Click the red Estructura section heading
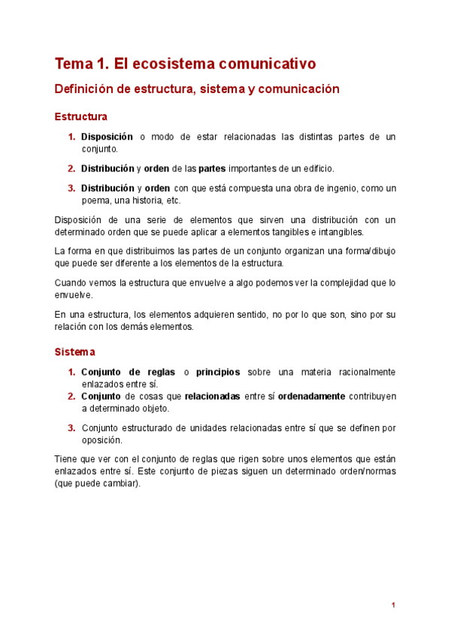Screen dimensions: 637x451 point(81,117)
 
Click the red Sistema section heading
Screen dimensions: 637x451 point(75,352)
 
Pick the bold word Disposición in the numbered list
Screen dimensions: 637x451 point(107,137)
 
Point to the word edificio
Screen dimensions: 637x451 point(315,168)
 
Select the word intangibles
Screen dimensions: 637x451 point(338,232)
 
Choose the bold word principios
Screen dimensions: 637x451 point(218,372)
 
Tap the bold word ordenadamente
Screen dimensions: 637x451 point(312,396)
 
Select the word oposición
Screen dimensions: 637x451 point(101,440)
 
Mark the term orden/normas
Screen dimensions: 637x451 point(362,471)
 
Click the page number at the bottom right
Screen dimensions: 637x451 point(393,605)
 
